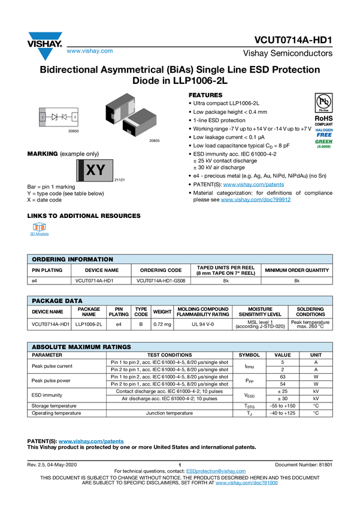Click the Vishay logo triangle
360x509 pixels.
[45, 46]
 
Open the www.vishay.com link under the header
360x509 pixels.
[90, 51]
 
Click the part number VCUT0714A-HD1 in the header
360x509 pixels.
[293, 40]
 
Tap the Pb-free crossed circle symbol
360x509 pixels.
[323, 102]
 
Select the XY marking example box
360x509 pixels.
[95, 170]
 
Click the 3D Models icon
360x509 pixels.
[40, 227]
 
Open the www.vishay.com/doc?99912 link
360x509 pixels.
[255, 199]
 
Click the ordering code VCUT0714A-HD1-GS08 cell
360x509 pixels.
[161, 281]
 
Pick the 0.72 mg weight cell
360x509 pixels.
[162, 324]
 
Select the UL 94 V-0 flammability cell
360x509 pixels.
[203, 324]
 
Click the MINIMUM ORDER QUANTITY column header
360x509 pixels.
[297, 270]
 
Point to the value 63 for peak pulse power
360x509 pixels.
[282, 377]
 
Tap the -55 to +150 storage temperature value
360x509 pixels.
[282, 406]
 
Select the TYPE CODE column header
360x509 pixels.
[141, 311]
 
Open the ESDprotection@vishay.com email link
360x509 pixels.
[216, 471]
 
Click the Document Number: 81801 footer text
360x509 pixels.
[304, 465]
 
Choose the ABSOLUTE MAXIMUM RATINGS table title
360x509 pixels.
[81, 347]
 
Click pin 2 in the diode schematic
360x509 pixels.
[75, 117]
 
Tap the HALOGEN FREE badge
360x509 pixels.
[324, 133]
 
